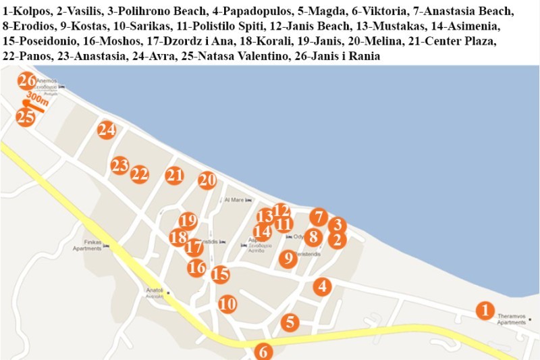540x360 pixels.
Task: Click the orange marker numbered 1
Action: pyautogui.click(x=485, y=310)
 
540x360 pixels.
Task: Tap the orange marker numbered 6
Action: pyautogui.click(x=264, y=352)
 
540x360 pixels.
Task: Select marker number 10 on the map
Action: pyautogui.click(x=227, y=304)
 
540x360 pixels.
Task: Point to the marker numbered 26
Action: pyautogui.click(x=27, y=81)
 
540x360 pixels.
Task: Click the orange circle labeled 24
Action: pyautogui.click(x=106, y=130)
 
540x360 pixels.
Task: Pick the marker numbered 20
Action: pyautogui.click(x=207, y=180)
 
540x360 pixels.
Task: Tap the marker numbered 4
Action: pyautogui.click(x=323, y=286)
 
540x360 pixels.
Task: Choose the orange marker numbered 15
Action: pyautogui.click(x=220, y=274)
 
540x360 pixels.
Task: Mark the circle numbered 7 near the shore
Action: pyautogui.click(x=318, y=217)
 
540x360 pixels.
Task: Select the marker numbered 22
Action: pyautogui.click(x=140, y=174)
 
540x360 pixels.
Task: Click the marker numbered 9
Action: pyautogui.click(x=288, y=259)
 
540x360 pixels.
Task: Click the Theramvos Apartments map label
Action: pyautogui.click(x=511, y=319)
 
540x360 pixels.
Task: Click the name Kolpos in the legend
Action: pyautogui.click(x=27, y=12)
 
